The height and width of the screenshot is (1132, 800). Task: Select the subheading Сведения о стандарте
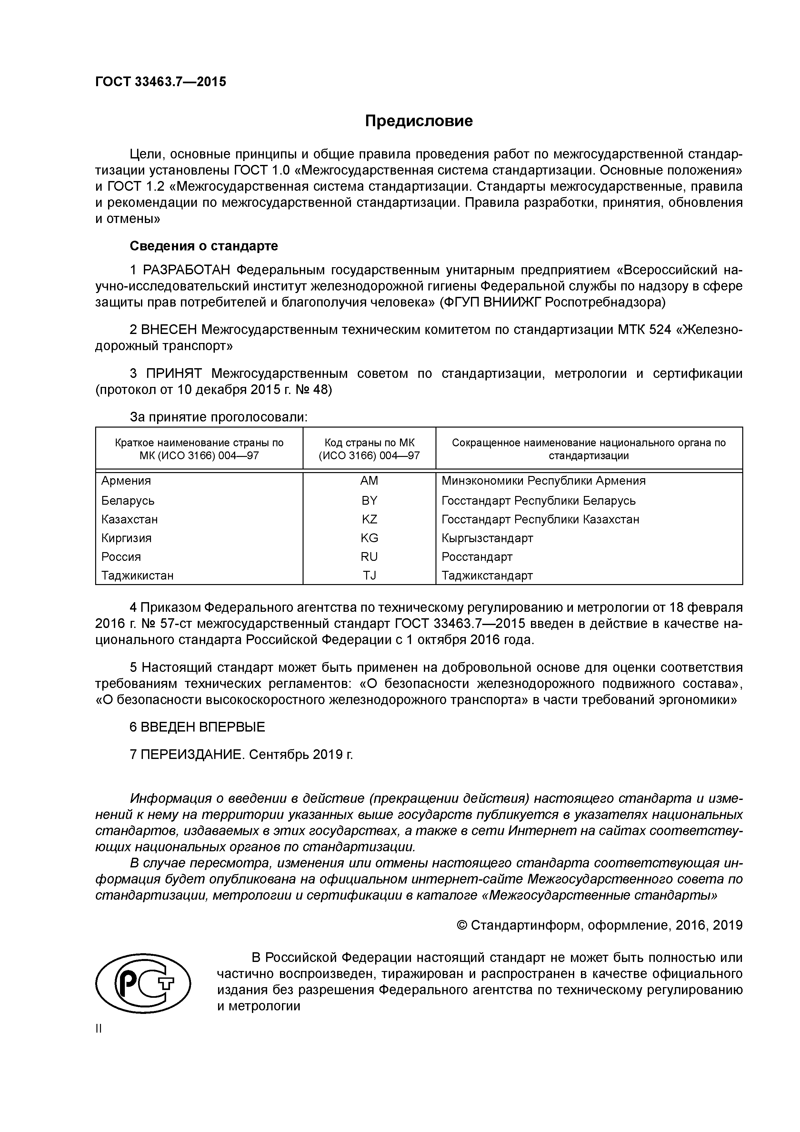tap(204, 246)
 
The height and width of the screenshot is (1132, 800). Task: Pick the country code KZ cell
tap(369, 519)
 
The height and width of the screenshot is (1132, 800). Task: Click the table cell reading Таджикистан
tap(137, 575)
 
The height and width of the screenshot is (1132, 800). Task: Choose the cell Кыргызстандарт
tap(487, 538)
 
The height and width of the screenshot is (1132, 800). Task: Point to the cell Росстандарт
tap(477, 557)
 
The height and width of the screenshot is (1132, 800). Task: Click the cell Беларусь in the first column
tap(128, 500)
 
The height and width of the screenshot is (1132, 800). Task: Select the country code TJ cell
tap(369, 575)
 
